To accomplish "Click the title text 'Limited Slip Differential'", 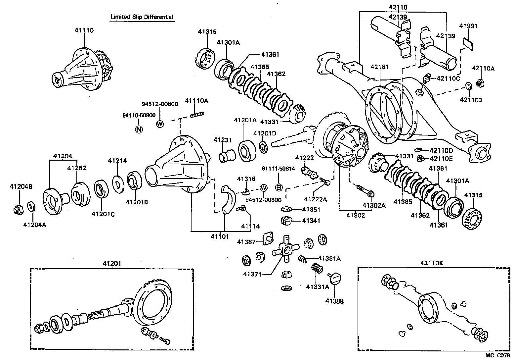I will (x=142, y=17).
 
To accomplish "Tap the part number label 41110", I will (x=84, y=30).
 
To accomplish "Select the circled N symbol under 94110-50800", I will (x=139, y=129).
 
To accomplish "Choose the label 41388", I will (x=334, y=301).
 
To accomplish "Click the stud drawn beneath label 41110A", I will (x=197, y=115).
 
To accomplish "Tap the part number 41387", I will (x=246, y=242).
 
